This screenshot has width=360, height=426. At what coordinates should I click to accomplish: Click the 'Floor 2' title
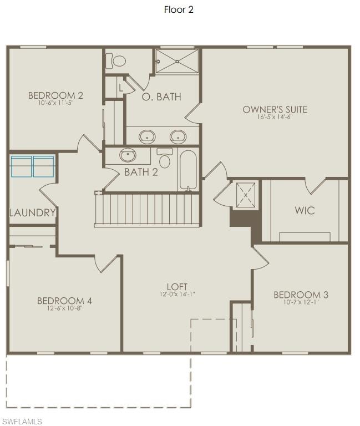point(179,9)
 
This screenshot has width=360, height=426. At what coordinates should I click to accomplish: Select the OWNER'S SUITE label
point(275,109)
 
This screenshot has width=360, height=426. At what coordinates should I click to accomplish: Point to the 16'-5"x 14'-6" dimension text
point(275,117)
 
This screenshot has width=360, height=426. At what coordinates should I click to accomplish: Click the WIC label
point(305,210)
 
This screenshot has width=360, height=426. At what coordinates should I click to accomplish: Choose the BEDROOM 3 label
point(301,295)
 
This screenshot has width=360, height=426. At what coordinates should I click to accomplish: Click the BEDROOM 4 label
point(64,301)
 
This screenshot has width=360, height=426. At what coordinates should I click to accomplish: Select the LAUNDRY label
point(32,212)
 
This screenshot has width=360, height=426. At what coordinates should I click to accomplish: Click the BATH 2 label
point(141,172)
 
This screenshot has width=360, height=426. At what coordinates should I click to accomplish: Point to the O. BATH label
point(161,97)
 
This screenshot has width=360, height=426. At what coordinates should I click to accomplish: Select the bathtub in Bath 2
point(188,170)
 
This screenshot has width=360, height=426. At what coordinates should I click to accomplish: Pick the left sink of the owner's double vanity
point(147,135)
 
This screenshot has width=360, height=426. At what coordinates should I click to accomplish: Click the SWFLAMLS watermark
point(22,422)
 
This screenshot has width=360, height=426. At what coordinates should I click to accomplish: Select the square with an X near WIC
point(245,195)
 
